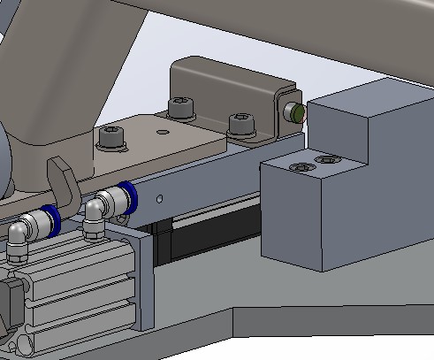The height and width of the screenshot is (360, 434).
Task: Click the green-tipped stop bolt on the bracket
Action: [x=295, y=112]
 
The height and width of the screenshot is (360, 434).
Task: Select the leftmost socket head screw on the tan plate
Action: [x=111, y=137]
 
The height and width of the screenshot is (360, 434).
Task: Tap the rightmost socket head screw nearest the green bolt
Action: [x=240, y=122]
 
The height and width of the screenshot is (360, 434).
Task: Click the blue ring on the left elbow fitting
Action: [x=51, y=219]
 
